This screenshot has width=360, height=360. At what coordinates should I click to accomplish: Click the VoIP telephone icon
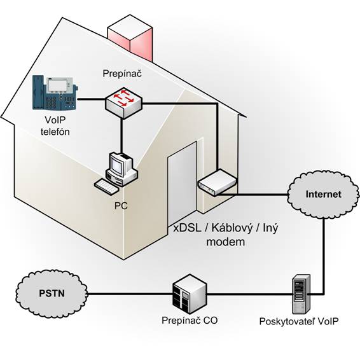click(x=55, y=93)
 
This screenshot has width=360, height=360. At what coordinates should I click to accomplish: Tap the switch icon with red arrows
click(x=123, y=103)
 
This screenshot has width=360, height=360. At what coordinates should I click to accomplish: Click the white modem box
click(x=217, y=183)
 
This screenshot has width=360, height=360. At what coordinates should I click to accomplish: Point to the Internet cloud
click(x=323, y=195)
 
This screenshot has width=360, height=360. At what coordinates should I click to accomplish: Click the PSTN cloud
click(x=52, y=294)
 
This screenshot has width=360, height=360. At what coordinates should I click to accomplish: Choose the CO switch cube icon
click(x=190, y=294)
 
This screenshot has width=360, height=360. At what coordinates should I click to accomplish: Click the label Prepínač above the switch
click(x=122, y=74)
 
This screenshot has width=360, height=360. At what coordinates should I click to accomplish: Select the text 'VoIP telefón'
click(x=55, y=126)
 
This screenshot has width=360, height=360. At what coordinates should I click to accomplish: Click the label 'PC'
click(x=121, y=205)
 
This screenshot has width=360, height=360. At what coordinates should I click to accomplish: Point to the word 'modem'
click(x=225, y=242)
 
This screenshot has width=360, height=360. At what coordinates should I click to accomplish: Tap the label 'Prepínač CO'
click(x=190, y=321)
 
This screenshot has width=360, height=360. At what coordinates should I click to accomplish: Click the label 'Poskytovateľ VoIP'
click(x=299, y=321)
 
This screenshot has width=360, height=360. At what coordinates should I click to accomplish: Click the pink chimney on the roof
click(x=130, y=38)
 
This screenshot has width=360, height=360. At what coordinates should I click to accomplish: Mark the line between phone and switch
click(x=92, y=99)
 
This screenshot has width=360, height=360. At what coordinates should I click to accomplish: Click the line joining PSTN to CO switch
click(x=130, y=294)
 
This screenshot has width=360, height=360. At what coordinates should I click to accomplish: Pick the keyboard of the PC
click(x=107, y=186)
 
